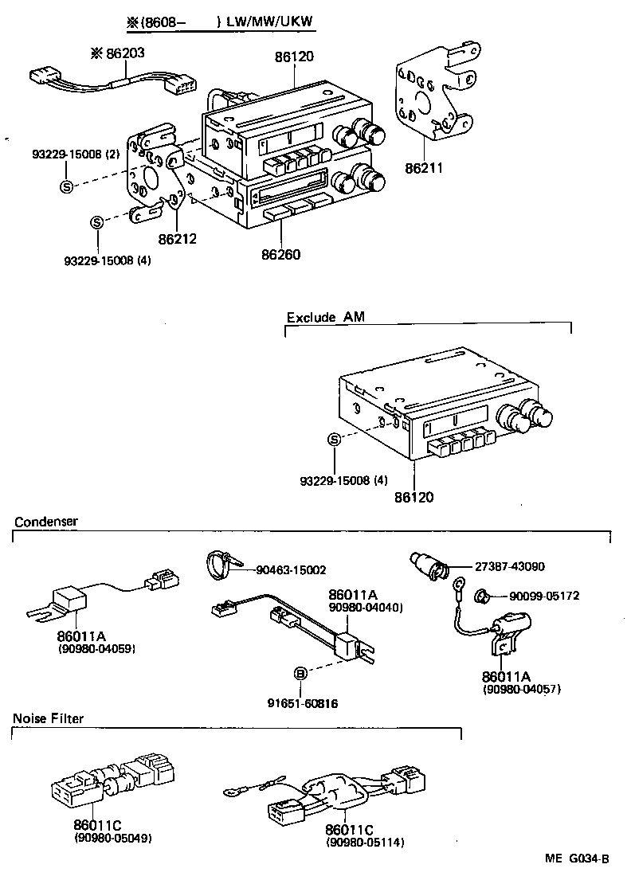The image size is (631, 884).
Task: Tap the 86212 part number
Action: click(x=176, y=237)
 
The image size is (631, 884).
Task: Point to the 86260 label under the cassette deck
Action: click(x=281, y=255)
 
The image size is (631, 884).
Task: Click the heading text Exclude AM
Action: click(x=325, y=317)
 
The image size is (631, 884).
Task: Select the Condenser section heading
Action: click(x=45, y=522)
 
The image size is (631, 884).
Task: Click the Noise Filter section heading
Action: click(x=48, y=718)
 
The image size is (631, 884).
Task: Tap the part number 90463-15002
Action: click(x=292, y=569)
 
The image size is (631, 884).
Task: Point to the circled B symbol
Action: click(x=300, y=674)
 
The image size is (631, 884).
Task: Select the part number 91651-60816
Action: click(x=300, y=703)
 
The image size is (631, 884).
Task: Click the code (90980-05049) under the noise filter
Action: click(x=112, y=839)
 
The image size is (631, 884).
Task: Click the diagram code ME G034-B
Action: click(x=577, y=859)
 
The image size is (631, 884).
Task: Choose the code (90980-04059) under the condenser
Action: click(x=96, y=649)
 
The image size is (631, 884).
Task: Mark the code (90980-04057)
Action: click(x=522, y=689)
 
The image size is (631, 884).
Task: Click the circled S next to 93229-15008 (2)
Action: click(x=66, y=186)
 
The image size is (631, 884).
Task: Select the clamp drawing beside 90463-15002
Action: click(x=220, y=564)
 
